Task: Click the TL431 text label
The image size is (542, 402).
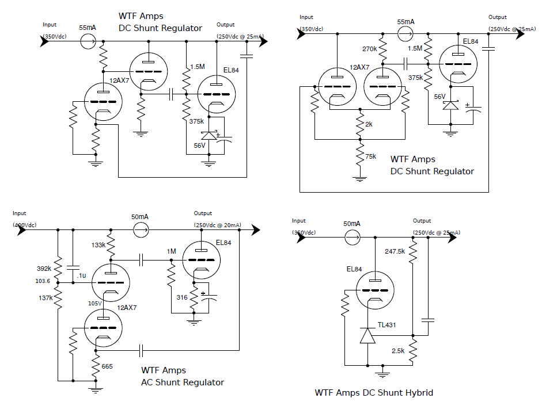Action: coord(386,325)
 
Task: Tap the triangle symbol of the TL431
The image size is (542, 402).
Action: coord(367,335)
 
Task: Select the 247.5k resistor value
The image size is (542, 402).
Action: coord(395,251)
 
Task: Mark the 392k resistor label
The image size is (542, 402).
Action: coord(45,268)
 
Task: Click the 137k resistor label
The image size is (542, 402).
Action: coord(45,297)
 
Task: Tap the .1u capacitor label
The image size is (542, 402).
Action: coord(82,276)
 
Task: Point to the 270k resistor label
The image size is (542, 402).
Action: coord(370,49)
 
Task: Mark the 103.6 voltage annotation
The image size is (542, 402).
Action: coord(43,281)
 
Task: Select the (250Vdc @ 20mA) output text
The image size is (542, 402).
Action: coord(218,224)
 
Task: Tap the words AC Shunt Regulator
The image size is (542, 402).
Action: coord(183,382)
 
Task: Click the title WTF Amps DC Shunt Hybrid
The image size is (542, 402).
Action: coord(374,393)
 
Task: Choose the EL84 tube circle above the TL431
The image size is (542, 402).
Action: coord(375,290)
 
